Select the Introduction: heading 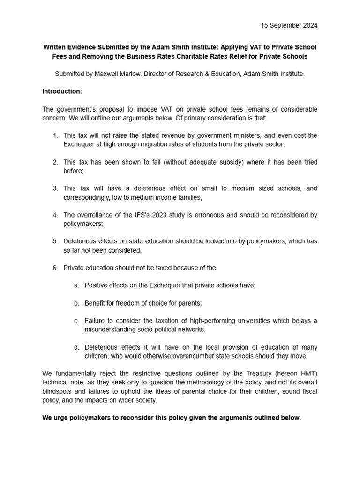coord(62,91)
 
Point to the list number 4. coord(55,215)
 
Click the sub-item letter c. coord(76,321)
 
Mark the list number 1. coord(55,135)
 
